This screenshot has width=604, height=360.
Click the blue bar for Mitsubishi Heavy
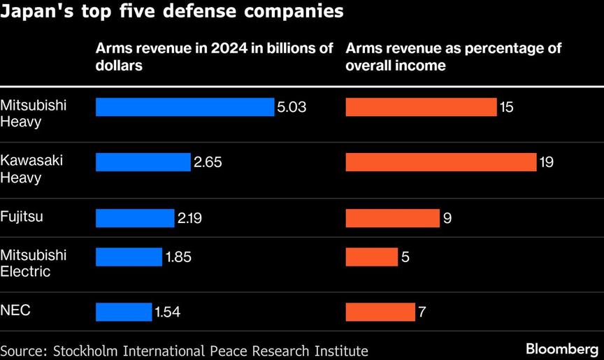(x=185, y=107)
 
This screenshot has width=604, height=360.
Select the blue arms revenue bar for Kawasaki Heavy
(x=143, y=162)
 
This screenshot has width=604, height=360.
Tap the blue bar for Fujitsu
(x=134, y=218)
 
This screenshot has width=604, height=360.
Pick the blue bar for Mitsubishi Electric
(x=129, y=257)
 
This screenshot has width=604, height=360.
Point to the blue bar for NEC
(x=123, y=312)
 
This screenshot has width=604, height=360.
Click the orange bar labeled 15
(x=421, y=107)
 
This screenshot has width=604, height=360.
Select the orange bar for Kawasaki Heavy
(x=440, y=162)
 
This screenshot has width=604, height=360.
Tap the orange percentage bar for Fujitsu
(x=392, y=218)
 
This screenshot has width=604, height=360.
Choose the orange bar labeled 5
(x=371, y=257)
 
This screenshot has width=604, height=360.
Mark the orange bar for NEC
(x=380, y=312)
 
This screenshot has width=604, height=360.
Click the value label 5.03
(x=292, y=107)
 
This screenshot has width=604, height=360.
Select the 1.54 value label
(x=168, y=312)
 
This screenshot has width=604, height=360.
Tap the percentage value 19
(x=547, y=162)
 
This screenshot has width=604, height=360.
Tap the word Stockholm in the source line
(x=81, y=350)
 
